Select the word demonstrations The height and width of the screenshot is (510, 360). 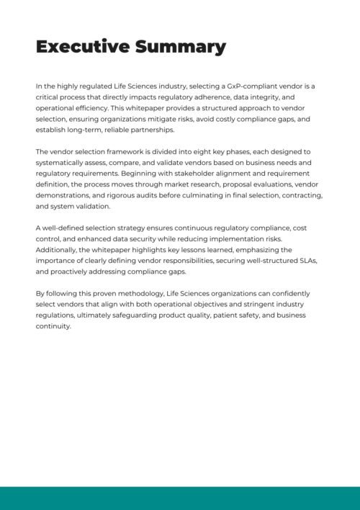click(x=68, y=196)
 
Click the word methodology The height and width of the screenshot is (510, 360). click(x=143, y=295)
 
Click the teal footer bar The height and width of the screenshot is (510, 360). click(x=180, y=498)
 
